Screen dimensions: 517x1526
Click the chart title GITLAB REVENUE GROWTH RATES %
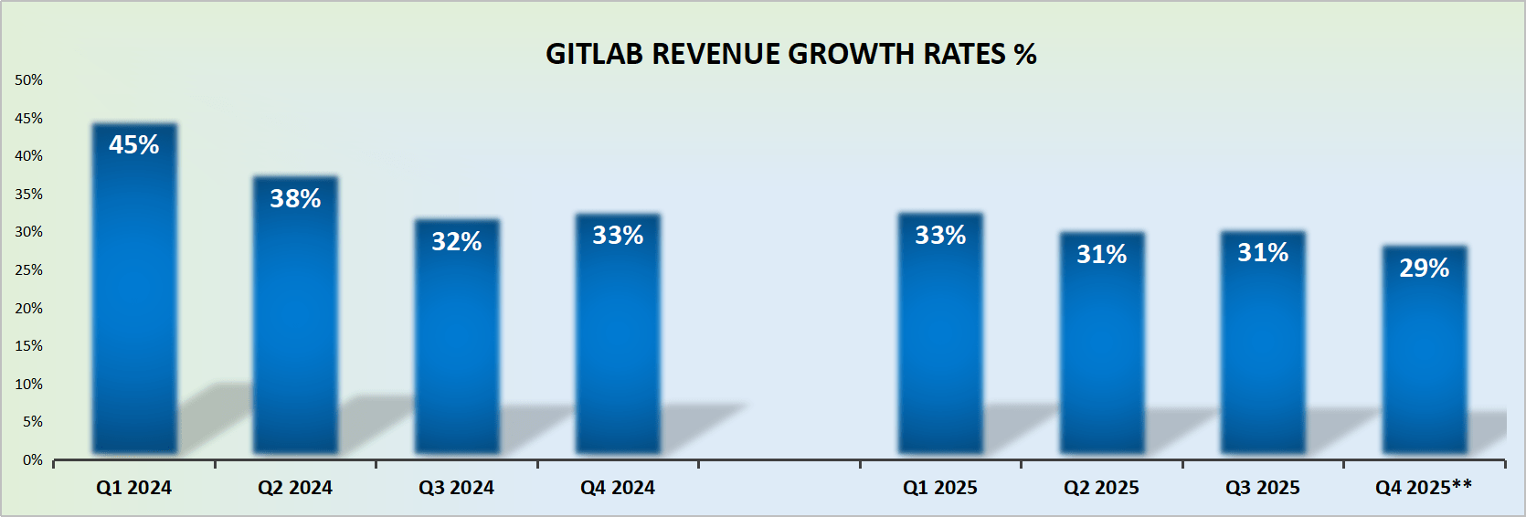click(x=790, y=54)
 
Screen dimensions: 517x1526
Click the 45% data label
click(x=134, y=144)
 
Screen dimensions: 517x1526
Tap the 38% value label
click(x=295, y=198)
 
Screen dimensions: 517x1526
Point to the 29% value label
click(x=1424, y=268)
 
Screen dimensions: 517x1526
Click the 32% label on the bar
click(x=457, y=241)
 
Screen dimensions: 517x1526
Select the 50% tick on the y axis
click(x=28, y=80)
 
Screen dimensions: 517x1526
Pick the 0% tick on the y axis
click(x=33, y=459)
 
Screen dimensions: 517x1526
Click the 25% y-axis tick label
click(x=28, y=269)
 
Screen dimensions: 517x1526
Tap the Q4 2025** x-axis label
click(x=1424, y=487)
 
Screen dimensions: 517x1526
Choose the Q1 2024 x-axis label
click(x=134, y=488)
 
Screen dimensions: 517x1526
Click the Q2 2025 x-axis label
click(x=1101, y=488)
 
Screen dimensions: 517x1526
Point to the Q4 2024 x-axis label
click(x=618, y=488)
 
